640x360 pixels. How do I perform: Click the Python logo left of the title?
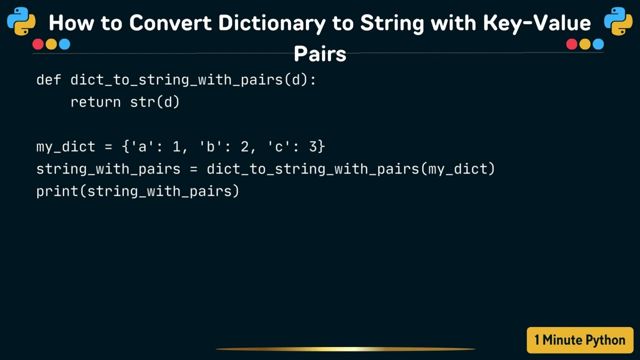tap(21, 21)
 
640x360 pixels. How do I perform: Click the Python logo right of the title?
tap(618, 21)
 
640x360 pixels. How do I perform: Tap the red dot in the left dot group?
tap(38, 44)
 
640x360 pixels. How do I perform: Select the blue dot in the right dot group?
tap(598, 44)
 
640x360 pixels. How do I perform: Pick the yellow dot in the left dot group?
tap(51, 44)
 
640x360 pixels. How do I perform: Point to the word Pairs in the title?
tap(320, 53)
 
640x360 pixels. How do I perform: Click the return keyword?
tap(95, 102)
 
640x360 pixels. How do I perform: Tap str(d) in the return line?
tap(155, 102)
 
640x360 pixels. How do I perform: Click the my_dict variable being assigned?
tap(65, 147)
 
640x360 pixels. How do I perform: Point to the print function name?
tap(57, 191)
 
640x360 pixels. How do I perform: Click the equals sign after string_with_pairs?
tap(193, 169)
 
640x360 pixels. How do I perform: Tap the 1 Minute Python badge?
tap(580, 340)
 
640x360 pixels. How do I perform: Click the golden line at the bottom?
tap(345, 349)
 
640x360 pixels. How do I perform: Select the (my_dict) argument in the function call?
tap(458, 169)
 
